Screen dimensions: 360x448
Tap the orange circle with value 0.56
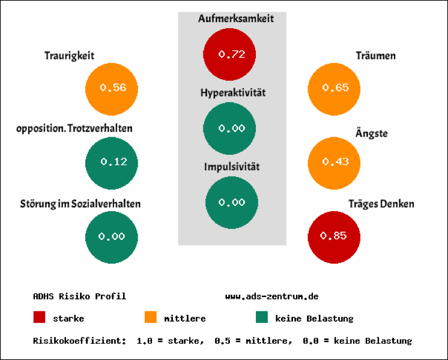point(112,88)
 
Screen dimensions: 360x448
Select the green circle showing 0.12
point(112,162)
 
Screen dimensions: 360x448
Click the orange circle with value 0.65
point(334,88)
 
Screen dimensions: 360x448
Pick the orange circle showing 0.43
point(334,162)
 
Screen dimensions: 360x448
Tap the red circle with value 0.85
point(334,236)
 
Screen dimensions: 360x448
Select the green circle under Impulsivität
point(231,203)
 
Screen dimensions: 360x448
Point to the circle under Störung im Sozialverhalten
point(112,236)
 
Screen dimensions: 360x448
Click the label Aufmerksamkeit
point(235,19)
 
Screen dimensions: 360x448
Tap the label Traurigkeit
point(69,56)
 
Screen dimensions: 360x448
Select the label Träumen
point(375,56)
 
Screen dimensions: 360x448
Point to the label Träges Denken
point(381,204)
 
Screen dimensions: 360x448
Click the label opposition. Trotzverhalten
point(74,128)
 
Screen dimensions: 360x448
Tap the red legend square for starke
point(40,317)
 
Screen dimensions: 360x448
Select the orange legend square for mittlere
point(151,317)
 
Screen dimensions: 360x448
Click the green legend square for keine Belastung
point(262,317)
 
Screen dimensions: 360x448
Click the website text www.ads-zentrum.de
point(271,296)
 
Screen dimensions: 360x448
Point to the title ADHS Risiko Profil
point(79,296)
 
